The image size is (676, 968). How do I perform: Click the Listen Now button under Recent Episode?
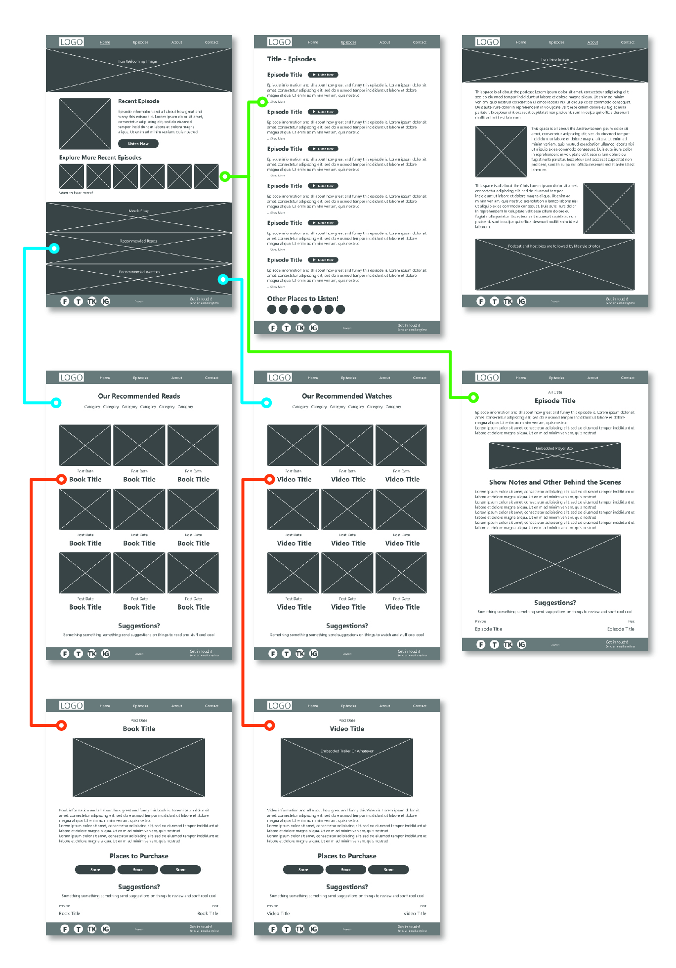(138, 144)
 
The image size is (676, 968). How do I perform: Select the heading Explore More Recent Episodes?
(100, 158)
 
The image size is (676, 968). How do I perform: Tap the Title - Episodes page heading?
(291, 59)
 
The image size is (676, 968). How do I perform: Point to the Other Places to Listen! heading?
(302, 299)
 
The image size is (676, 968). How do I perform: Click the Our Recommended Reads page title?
(139, 396)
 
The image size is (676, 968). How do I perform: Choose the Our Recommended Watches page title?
(346, 396)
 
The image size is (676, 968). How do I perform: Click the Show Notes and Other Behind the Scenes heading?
(554, 482)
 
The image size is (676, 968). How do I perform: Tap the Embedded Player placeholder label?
(554, 449)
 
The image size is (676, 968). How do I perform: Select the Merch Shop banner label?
(139, 211)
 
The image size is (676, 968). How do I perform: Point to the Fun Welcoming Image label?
(137, 62)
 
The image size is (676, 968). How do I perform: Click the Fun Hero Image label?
(554, 59)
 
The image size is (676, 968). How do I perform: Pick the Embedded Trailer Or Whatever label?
(347, 751)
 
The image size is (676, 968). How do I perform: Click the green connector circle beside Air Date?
(473, 397)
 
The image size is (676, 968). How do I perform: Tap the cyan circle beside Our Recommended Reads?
(56, 403)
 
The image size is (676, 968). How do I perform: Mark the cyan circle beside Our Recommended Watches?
(266, 403)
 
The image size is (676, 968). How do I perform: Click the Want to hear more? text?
(76, 193)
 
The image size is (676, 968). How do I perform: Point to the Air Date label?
(554, 392)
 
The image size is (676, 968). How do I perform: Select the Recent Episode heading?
(138, 101)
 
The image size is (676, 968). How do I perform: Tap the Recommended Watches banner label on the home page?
(139, 272)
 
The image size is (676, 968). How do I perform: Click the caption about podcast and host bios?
(554, 246)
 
